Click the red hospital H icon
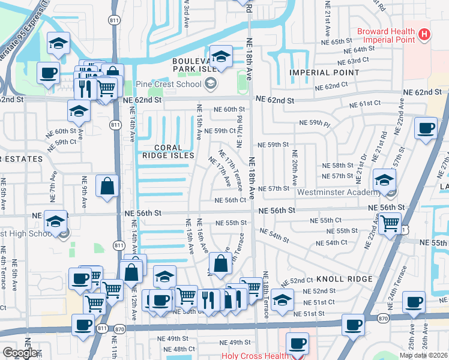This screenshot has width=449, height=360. coord(425,34)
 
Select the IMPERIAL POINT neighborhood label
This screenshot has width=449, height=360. coord(325,73)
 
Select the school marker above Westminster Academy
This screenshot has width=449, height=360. coord(384,179)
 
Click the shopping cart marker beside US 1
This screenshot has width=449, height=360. coord(391,223)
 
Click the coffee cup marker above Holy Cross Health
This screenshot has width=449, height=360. coord(297,343)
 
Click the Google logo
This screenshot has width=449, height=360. coord(20,353)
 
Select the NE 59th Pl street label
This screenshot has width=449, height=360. coord(315,124)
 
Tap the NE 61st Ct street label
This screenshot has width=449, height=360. coord(364,104)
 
